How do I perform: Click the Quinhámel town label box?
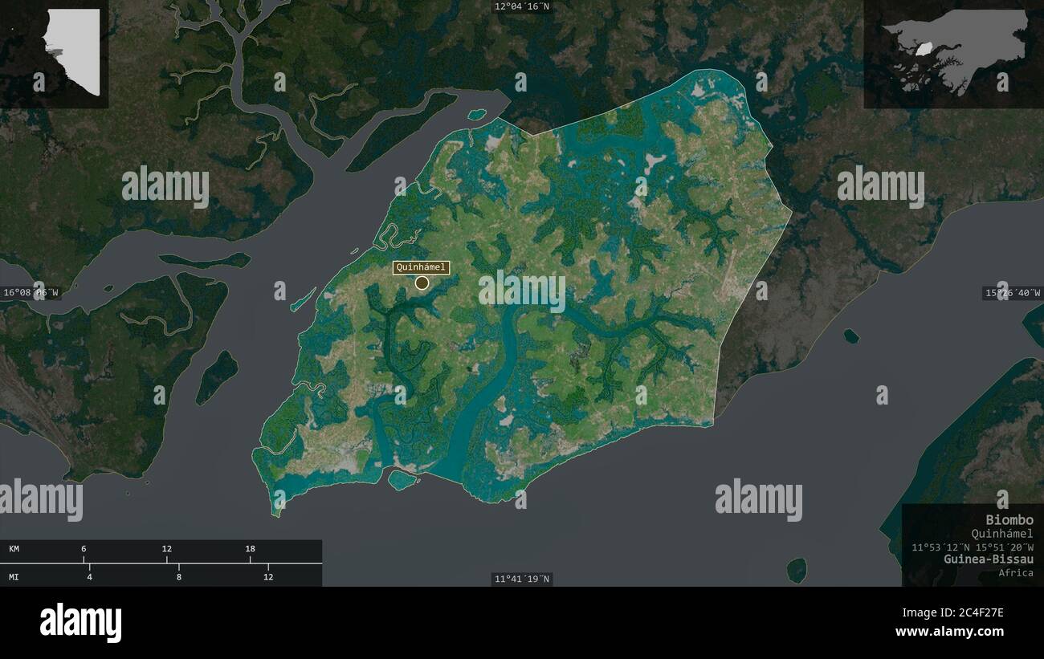pos(421,268)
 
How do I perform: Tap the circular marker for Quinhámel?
pos(422,283)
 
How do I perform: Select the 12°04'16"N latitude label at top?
pos(522,6)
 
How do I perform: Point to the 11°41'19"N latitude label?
pos(523,579)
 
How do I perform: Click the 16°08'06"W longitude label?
pos(30,293)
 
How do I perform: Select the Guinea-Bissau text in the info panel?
pos(989,559)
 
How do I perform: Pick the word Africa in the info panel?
pos(1016,572)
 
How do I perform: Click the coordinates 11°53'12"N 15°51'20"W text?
pos(972,547)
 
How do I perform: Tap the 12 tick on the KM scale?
pos(167,549)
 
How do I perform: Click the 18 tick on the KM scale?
pos(251,549)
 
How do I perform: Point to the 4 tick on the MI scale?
pos(90,576)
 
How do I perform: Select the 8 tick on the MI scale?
pos(179,576)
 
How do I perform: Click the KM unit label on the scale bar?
pos(14,549)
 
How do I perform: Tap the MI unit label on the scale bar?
pos(14,576)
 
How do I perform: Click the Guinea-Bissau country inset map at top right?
pos(953,54)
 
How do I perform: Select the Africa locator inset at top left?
pos(54,54)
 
